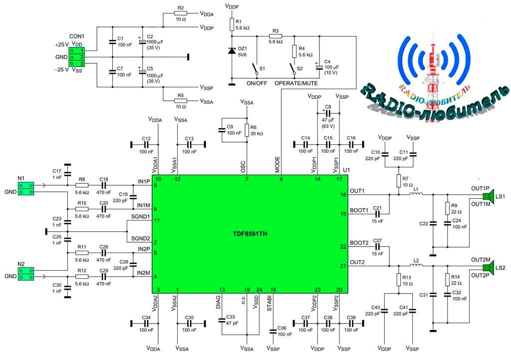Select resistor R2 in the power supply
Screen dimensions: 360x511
tap(181, 14)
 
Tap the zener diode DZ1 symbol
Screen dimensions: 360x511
tap(232, 51)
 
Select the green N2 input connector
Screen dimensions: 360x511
tap(26, 273)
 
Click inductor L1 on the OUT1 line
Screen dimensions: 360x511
tap(415, 194)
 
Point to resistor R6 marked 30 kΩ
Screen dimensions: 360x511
tap(247, 130)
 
